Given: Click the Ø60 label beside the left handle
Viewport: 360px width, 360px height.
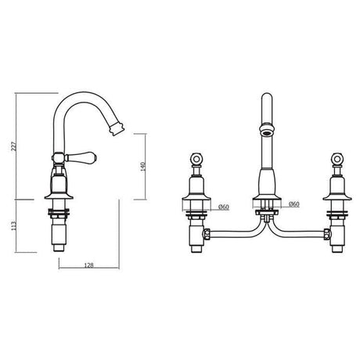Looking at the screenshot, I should pos(224,206).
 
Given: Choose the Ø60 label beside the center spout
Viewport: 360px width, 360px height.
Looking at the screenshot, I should pos(294,205).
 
